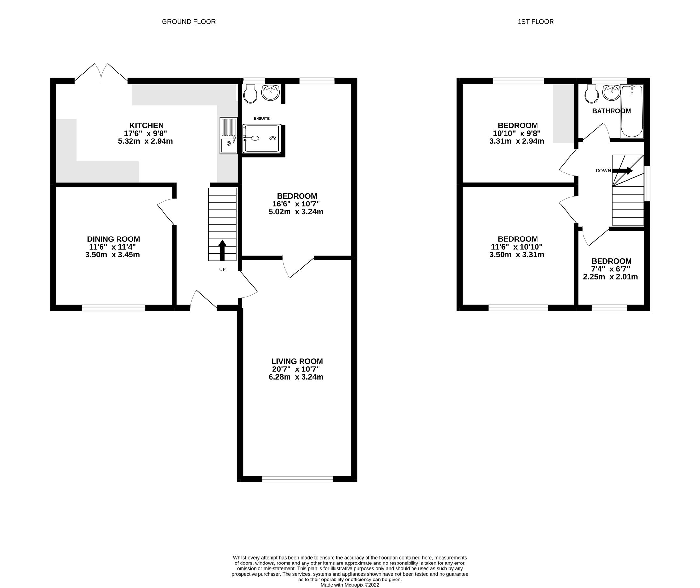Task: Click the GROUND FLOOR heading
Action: [189, 22]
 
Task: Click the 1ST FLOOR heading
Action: [535, 22]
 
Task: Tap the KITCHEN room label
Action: [146, 126]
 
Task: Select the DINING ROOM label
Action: [113, 239]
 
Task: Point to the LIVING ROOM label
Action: [297, 361]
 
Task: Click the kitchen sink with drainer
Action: [228, 136]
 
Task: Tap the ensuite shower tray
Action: [262, 139]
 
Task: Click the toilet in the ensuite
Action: [250, 93]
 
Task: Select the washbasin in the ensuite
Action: [270, 92]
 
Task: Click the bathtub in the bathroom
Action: [632, 111]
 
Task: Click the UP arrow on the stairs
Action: [222, 250]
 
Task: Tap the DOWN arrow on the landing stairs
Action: [622, 171]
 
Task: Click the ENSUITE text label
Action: [261, 119]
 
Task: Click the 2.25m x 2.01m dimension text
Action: [610, 277]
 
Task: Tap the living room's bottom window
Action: [297, 479]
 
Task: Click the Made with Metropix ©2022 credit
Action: [350, 585]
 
